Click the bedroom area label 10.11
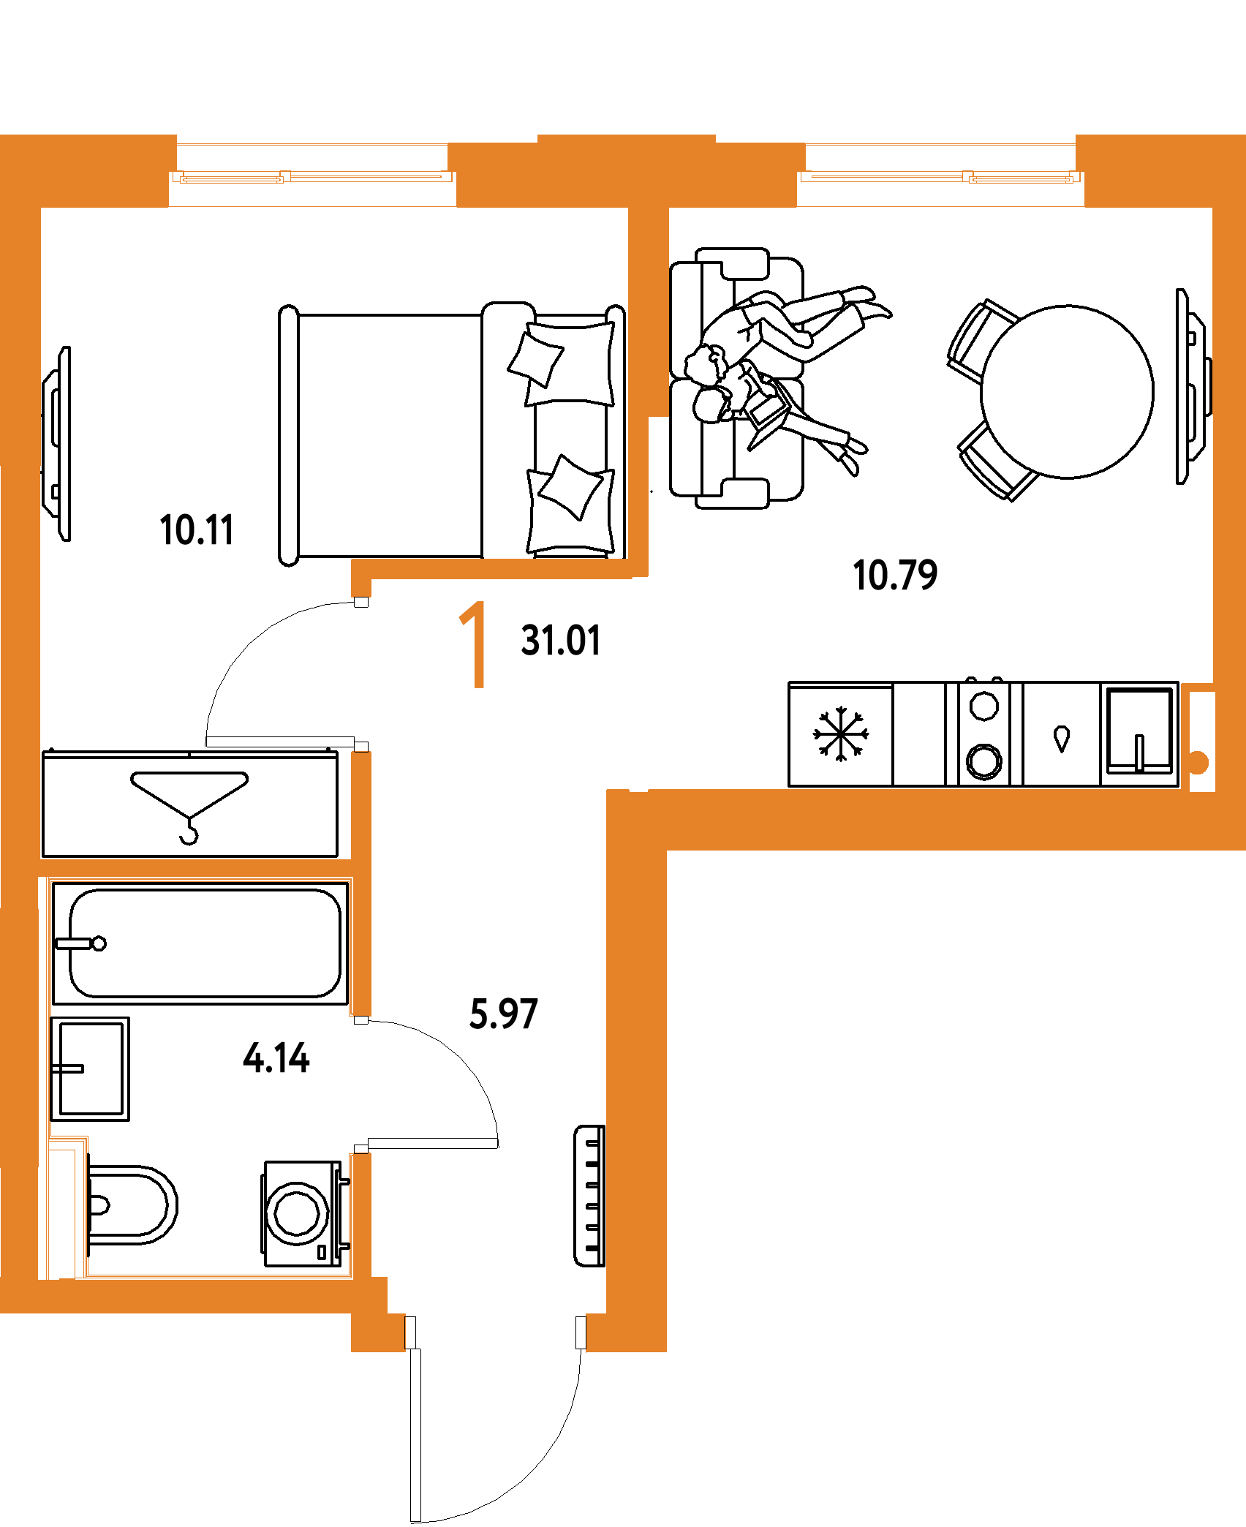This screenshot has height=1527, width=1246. pyautogui.click(x=197, y=530)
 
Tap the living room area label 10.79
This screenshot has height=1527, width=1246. pyautogui.click(x=895, y=575)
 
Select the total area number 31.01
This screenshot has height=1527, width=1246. pyautogui.click(x=560, y=641)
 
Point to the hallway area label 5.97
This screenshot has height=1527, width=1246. pyautogui.click(x=503, y=1014)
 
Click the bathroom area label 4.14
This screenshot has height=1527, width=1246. pyautogui.click(x=276, y=1058)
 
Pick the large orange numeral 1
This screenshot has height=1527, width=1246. pyautogui.click(x=474, y=644)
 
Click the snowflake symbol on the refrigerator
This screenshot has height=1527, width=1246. pyautogui.click(x=841, y=734)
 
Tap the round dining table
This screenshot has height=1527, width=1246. pyautogui.click(x=1067, y=392)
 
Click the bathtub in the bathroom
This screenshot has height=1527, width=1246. pyautogui.click(x=200, y=943)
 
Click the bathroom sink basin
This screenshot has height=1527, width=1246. pyautogui.click(x=90, y=1068)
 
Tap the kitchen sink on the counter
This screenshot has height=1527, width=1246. pyautogui.click(x=1139, y=731)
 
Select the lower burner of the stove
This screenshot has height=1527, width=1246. pyautogui.click(x=983, y=761)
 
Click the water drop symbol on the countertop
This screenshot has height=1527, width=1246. pyautogui.click(x=1062, y=739)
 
